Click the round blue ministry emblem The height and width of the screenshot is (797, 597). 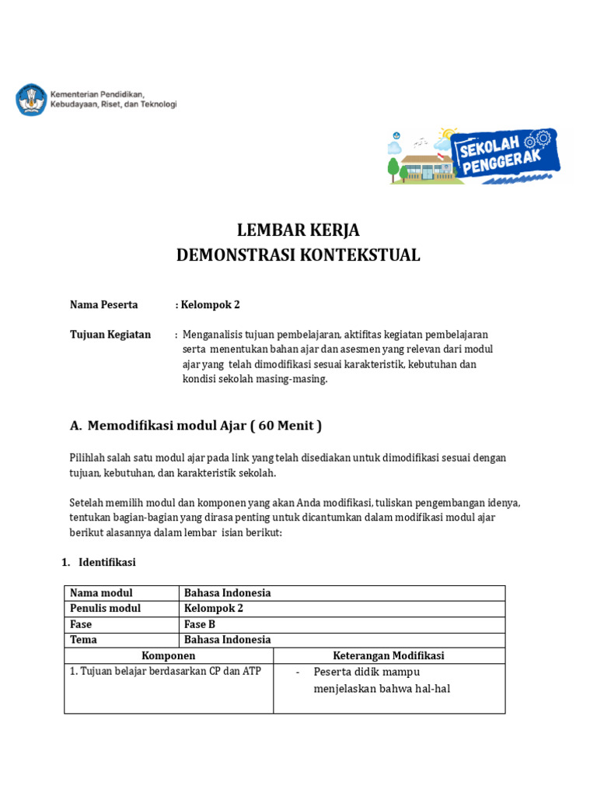click(30, 100)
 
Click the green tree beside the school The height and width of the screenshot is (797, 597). click(394, 167)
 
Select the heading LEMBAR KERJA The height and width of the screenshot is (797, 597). click(298, 230)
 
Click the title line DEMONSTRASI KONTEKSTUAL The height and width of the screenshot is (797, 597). click(298, 255)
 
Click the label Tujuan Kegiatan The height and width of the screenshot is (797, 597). click(110, 334)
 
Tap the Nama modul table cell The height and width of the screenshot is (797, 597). click(101, 593)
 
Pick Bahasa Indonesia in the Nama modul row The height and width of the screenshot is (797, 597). click(227, 593)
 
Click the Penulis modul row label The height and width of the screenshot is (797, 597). click(106, 609)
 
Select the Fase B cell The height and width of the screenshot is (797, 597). click(201, 624)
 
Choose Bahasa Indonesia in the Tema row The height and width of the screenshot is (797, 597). click(227, 640)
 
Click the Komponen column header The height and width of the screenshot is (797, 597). click(168, 655)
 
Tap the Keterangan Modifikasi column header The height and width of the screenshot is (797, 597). click(389, 655)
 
